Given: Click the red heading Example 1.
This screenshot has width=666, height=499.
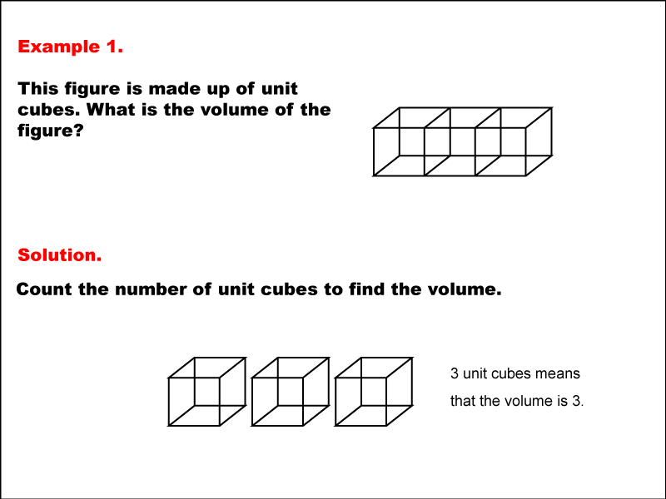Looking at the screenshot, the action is pos(70,47).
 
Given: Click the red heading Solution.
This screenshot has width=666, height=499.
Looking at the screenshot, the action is pos(59,255).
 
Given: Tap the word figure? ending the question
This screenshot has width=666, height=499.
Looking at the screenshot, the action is pos(50,131).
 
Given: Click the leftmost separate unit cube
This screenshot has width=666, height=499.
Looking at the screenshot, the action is pos(169,402).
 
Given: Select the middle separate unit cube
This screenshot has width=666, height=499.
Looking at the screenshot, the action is pos(252,402).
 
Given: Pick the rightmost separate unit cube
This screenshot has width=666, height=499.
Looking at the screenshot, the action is pos(335,402).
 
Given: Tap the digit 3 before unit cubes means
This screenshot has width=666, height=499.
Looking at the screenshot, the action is pos(455,373).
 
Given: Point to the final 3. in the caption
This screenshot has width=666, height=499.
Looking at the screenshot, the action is pos(578,401).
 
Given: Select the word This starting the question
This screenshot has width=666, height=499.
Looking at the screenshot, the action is pos(38,89).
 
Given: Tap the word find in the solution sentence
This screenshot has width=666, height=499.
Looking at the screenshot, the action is pos(365,289).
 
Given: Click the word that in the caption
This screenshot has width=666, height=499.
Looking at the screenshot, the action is pos(463,401).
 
